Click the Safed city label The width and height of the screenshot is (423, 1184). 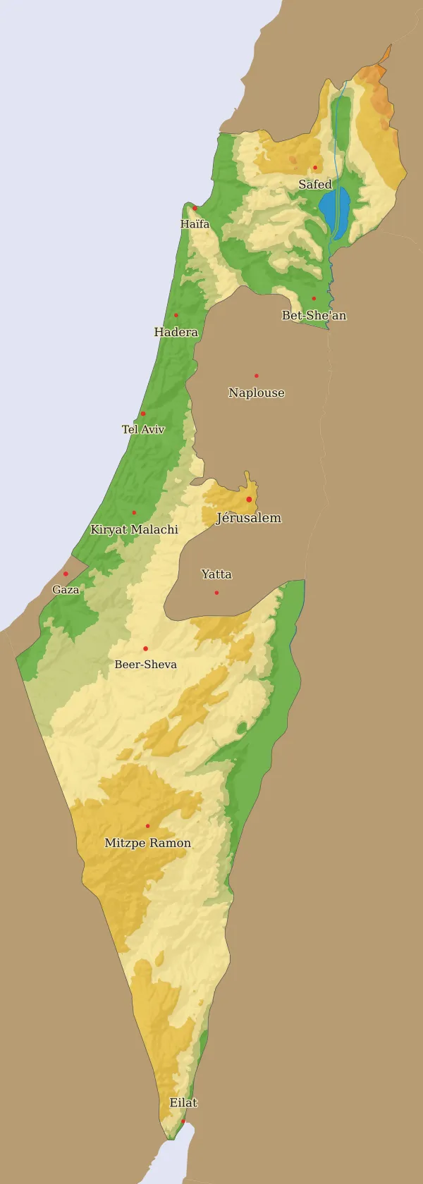pos(314,185)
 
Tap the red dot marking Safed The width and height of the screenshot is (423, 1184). pos(315,168)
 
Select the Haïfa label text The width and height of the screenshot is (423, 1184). pos(195,224)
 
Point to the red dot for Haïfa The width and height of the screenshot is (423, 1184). pos(195,208)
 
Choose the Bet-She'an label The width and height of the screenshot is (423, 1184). pos(314,316)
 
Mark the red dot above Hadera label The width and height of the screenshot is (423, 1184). pos(176,315)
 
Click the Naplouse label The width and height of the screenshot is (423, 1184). pos(256,393)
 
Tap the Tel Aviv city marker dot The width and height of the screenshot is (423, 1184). pos(142,414)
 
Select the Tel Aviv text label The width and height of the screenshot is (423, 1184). pos(143,429)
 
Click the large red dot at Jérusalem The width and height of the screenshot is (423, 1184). pos(249,500)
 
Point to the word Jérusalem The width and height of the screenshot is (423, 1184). pos(248,518)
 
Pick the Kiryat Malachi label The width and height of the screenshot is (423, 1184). pos(134,529)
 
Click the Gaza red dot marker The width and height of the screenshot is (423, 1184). pos(66,574)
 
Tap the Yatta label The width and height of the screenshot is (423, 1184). pos(216,574)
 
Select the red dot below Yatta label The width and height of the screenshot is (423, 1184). pos(216,593)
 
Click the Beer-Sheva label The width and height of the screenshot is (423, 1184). pos(145,665)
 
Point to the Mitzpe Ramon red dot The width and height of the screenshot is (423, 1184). pos(147,826)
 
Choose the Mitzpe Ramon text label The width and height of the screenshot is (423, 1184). pos(147,843)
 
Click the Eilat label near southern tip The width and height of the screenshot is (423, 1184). pos(183,1103)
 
